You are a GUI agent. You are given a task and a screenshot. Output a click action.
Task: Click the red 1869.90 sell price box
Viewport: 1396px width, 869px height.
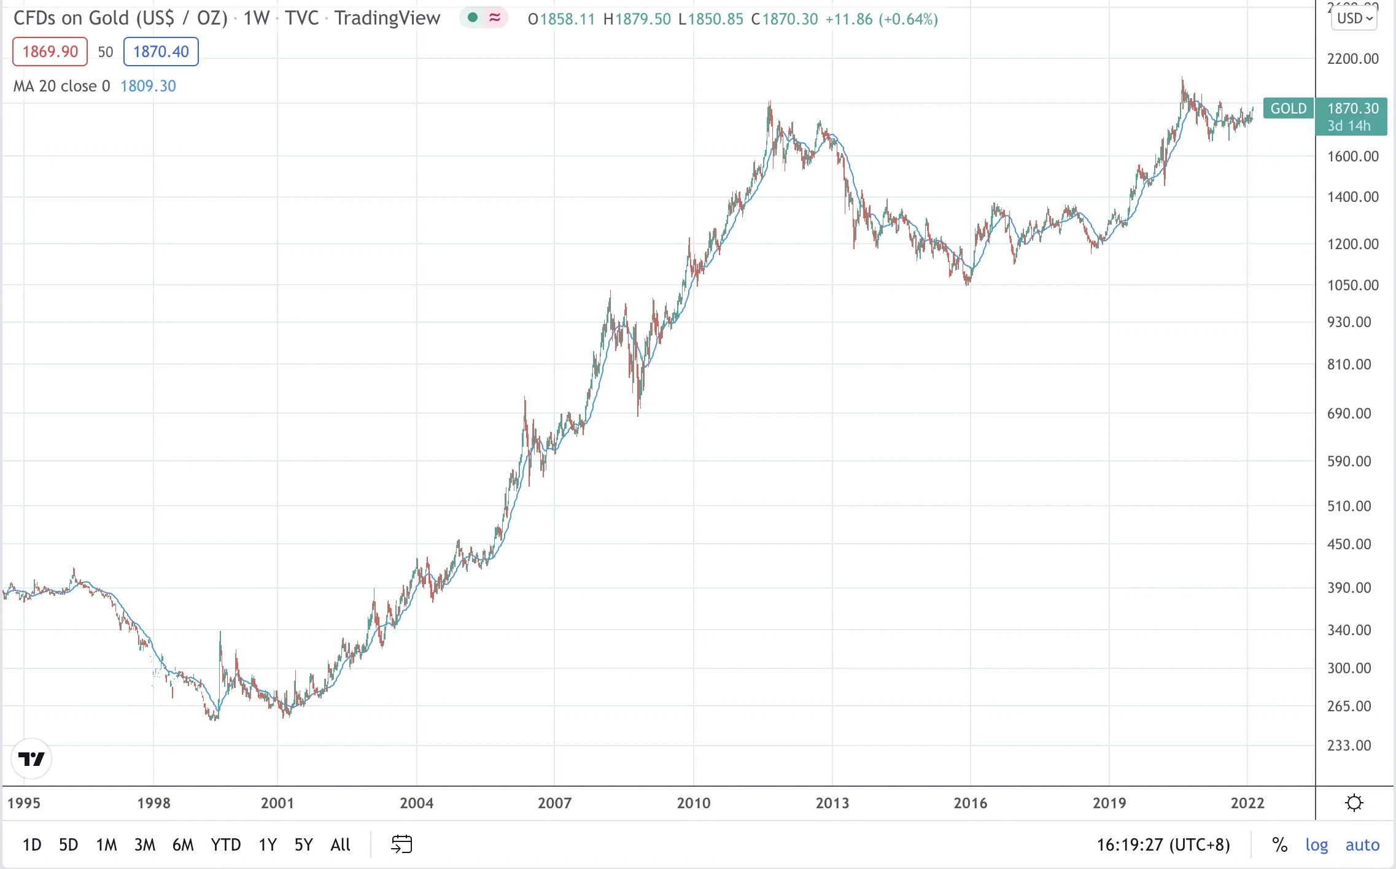[x=50, y=52]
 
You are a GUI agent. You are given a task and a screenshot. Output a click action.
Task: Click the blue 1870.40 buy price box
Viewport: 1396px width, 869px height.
[x=161, y=52]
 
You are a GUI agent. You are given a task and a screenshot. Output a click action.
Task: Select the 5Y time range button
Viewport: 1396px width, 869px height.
[x=303, y=845]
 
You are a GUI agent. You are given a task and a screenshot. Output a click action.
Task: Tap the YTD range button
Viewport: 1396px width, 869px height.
[x=225, y=845]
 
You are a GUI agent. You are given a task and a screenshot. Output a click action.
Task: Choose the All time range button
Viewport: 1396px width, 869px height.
[x=340, y=845]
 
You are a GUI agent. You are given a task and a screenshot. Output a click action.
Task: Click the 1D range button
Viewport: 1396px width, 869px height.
[x=32, y=845]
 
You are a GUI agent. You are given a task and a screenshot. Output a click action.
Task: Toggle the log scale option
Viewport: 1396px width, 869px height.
[x=1316, y=845]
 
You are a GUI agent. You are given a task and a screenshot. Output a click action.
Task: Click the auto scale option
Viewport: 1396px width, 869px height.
[x=1362, y=845]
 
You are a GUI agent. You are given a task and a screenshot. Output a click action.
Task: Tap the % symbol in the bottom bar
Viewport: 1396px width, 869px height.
[x=1279, y=845]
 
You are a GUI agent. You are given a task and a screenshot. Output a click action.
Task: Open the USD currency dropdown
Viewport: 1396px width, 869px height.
[x=1354, y=18]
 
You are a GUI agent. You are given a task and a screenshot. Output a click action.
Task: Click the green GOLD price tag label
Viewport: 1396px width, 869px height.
[x=1288, y=109]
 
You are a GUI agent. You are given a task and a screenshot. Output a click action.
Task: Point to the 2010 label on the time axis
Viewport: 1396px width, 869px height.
[x=693, y=803]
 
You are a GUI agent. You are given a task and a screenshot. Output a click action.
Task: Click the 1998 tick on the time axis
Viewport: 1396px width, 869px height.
[x=153, y=803]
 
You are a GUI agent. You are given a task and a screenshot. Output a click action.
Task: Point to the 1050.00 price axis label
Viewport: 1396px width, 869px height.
[x=1352, y=285]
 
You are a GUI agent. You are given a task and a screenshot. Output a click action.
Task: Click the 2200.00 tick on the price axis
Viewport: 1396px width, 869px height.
[x=1352, y=59]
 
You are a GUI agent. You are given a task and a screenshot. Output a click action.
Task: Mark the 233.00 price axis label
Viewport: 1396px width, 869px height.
[x=1349, y=745]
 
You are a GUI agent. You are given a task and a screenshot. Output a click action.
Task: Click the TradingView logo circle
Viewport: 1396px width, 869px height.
[x=31, y=759]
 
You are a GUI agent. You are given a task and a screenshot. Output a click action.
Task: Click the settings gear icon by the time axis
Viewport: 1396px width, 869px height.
[x=1354, y=803]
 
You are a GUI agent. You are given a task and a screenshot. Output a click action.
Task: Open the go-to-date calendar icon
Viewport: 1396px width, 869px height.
[x=401, y=844]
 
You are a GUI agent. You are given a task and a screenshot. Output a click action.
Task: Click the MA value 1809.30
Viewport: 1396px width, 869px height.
[x=148, y=86]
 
